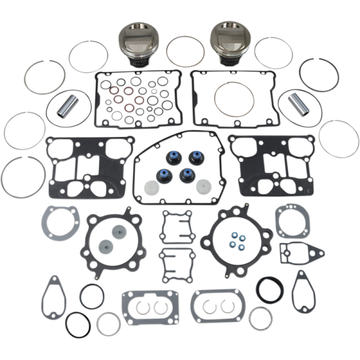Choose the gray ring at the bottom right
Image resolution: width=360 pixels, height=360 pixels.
(261, 318)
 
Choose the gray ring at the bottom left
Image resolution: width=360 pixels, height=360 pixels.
(109, 324)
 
